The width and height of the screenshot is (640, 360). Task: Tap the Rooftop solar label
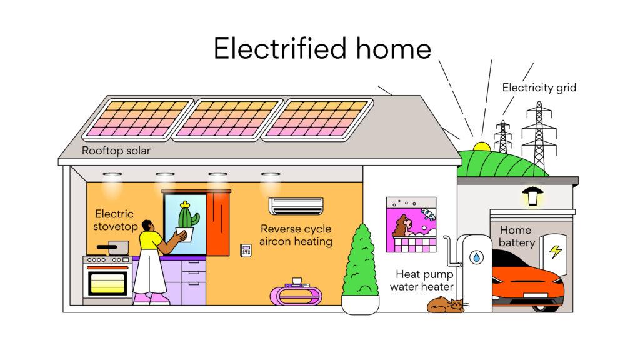tap(116, 151)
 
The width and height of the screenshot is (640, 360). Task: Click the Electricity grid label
tap(539, 87)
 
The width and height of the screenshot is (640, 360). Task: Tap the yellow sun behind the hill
tap(482, 147)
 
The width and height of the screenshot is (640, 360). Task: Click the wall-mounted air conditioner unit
tap(296, 206)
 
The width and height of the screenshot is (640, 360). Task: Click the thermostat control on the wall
tap(246, 250)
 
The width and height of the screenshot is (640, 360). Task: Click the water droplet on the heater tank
tap(476, 257)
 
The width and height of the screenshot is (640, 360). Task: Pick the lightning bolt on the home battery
tap(554, 251)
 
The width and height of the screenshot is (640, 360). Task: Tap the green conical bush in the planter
tap(360, 262)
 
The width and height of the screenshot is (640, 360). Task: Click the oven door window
tap(107, 283)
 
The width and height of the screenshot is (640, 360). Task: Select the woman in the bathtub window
tap(402, 226)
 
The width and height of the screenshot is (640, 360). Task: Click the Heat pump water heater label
tap(421, 281)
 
